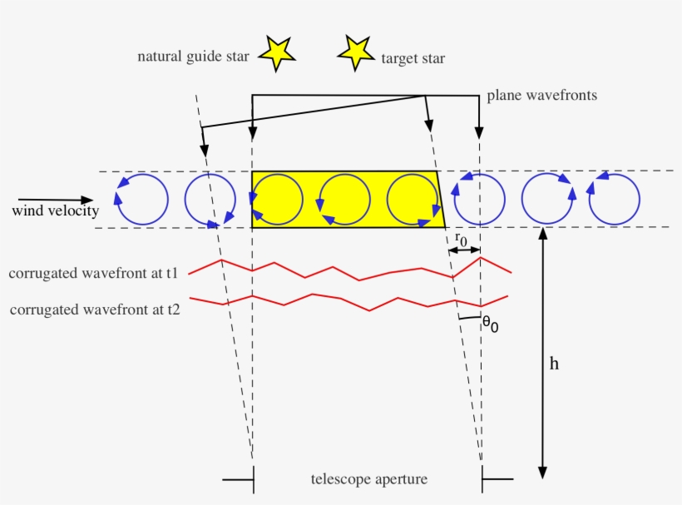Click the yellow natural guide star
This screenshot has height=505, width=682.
click(x=277, y=52)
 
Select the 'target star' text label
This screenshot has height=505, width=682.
click(x=413, y=58)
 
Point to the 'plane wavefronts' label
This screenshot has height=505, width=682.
click(x=541, y=96)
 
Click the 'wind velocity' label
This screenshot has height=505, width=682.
click(x=55, y=210)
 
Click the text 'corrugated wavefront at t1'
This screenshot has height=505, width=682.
click(x=96, y=273)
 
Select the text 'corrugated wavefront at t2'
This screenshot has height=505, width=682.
click(x=96, y=309)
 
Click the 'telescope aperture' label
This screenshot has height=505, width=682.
click(x=368, y=479)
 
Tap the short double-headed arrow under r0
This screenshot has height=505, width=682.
click(x=464, y=250)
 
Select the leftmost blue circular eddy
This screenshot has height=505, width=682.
click(x=142, y=199)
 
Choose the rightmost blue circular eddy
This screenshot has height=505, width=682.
click(x=615, y=199)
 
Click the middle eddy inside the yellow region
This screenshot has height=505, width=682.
click(x=344, y=200)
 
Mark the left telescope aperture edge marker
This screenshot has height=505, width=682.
click(x=240, y=478)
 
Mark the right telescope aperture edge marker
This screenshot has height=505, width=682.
click(x=496, y=478)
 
